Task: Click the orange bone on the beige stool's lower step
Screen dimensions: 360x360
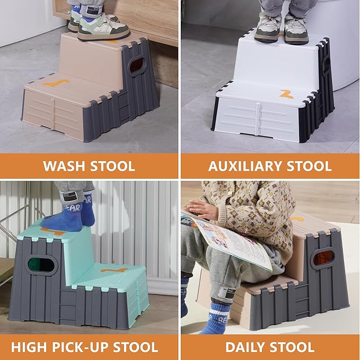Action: (56, 83)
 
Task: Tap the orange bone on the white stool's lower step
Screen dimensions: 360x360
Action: (287, 94)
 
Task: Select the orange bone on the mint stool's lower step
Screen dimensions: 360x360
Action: (113, 270)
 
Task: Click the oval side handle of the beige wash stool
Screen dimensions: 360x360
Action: (137, 66)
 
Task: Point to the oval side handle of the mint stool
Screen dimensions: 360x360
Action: (41, 265)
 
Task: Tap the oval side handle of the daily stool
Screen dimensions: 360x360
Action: (323, 258)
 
